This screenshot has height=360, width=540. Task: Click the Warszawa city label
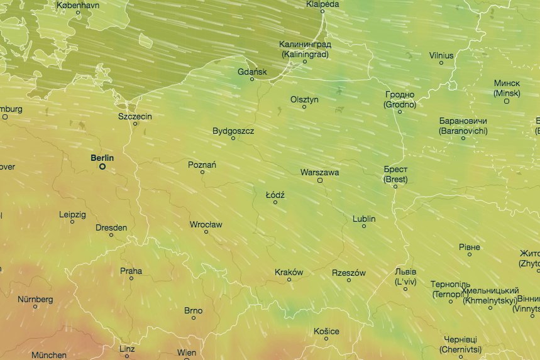point(319,172)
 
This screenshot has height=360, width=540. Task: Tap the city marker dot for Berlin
point(102,167)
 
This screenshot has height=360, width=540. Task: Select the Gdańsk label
point(252,72)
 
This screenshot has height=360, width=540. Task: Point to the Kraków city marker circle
point(289,280)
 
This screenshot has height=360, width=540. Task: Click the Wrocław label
point(206,224)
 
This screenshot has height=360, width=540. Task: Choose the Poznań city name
point(202,165)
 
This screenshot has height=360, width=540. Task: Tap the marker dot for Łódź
point(275,202)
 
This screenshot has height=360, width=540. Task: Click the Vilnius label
point(441,55)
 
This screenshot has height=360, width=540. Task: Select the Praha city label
point(131,271)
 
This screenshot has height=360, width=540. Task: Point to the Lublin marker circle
point(363,226)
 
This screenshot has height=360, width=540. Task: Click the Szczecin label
point(135,116)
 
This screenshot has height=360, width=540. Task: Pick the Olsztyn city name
point(304,99)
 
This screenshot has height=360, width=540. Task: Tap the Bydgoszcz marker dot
point(233,138)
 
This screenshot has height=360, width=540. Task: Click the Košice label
point(326,331)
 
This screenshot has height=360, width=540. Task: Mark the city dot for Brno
point(194,318)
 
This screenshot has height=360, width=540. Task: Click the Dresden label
point(111,227)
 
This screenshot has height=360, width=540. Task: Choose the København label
point(78,5)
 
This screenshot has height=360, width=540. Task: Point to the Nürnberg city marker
point(35,306)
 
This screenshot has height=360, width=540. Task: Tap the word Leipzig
point(72,214)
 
